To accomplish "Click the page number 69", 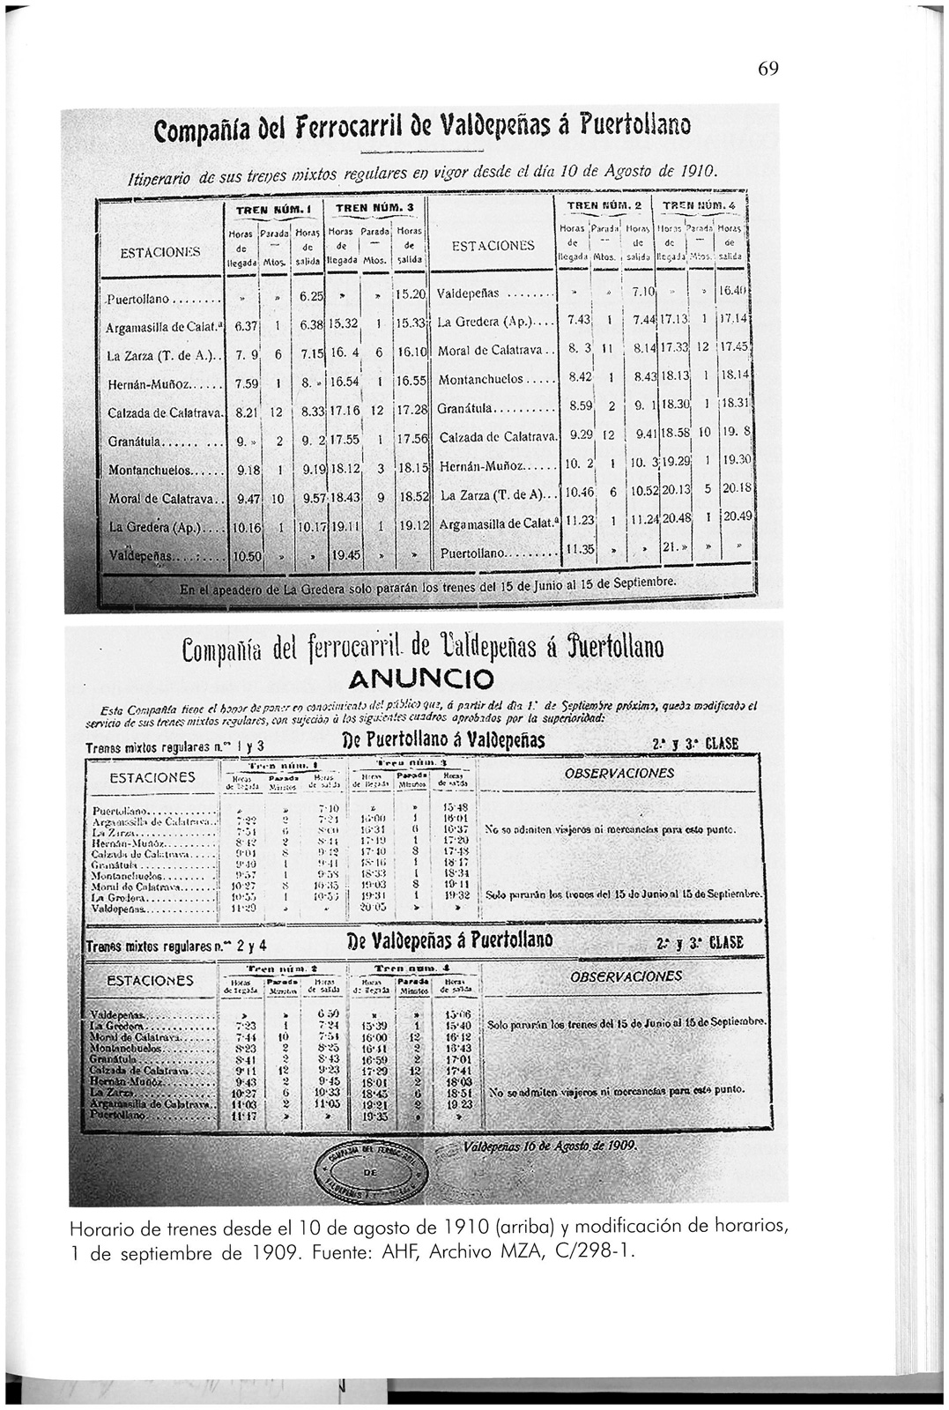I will coord(767,70).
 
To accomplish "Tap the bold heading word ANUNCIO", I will coord(421,679).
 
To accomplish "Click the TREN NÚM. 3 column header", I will coord(375,209).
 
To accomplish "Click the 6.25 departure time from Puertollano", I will coord(308,296).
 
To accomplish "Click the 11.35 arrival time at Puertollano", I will coord(579,548).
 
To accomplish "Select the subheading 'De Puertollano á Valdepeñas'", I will coord(443,740).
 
